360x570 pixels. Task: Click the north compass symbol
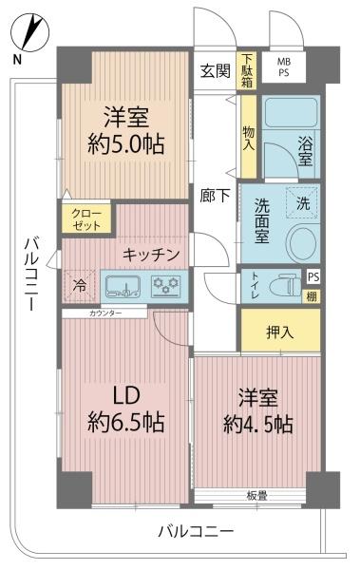point(29,32)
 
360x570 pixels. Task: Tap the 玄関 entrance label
point(216,71)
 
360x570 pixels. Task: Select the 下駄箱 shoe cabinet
point(247,70)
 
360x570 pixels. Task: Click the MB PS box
point(284,67)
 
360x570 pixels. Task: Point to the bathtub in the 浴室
point(290,113)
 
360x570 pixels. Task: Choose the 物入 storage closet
point(249,137)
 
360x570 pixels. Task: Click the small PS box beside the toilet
point(313,276)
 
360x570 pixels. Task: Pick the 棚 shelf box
point(312,296)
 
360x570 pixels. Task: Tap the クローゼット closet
point(86,219)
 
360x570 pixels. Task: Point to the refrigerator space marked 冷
point(80,286)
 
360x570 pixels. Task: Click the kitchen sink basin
point(123,286)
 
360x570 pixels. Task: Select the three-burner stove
point(166,286)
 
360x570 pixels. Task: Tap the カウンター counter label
point(105,313)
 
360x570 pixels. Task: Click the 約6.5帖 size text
point(125,422)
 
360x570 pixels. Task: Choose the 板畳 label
point(256,496)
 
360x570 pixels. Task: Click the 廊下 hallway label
point(215,197)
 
